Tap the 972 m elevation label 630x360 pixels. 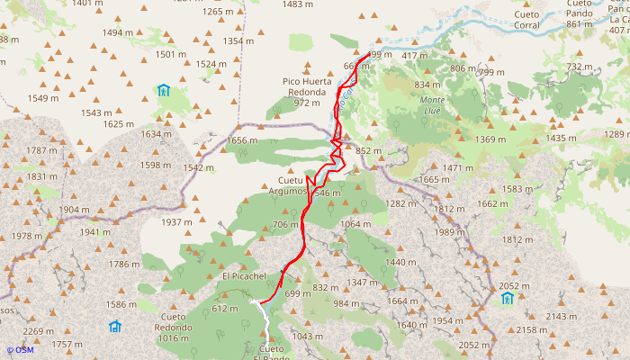307,103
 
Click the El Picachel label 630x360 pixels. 245,276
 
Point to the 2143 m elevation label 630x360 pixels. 561,317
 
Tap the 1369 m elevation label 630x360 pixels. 491,139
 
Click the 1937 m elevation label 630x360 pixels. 176,222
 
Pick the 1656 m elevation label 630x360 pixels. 242,140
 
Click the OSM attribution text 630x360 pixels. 20,350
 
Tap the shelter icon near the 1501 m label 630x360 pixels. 163,90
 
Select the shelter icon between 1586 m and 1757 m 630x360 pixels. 114,326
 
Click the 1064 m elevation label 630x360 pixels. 356,224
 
